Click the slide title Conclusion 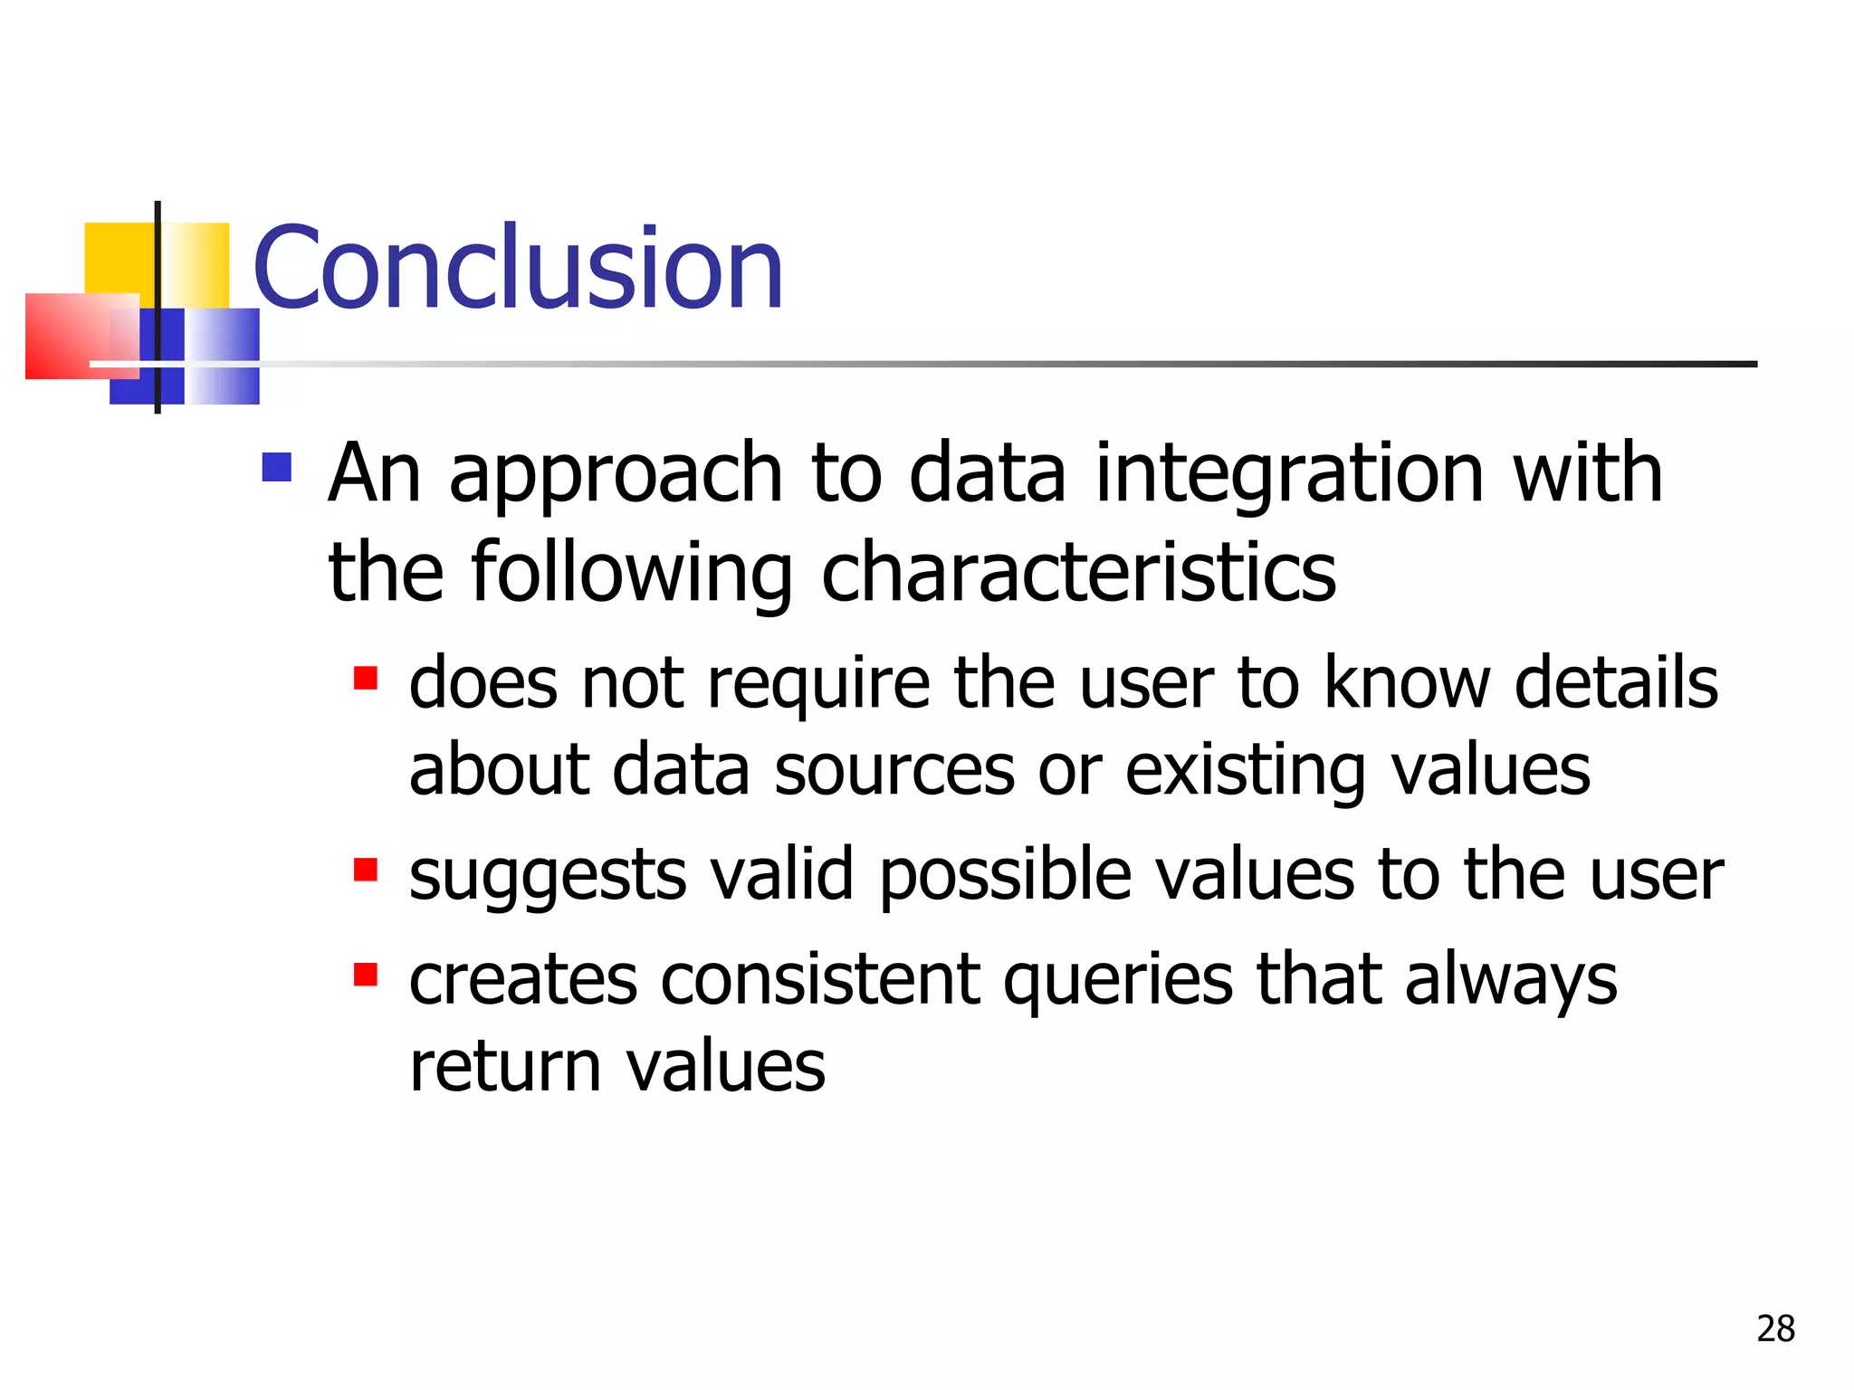coord(518,268)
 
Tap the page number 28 coord(1775,1329)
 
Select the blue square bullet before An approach coord(277,467)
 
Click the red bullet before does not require coord(366,678)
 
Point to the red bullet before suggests coord(366,870)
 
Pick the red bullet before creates coord(366,975)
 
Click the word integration coord(1289,474)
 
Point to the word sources coord(894,771)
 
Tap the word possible coord(1006,876)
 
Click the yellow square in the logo coord(119,258)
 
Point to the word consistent coord(820,981)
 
